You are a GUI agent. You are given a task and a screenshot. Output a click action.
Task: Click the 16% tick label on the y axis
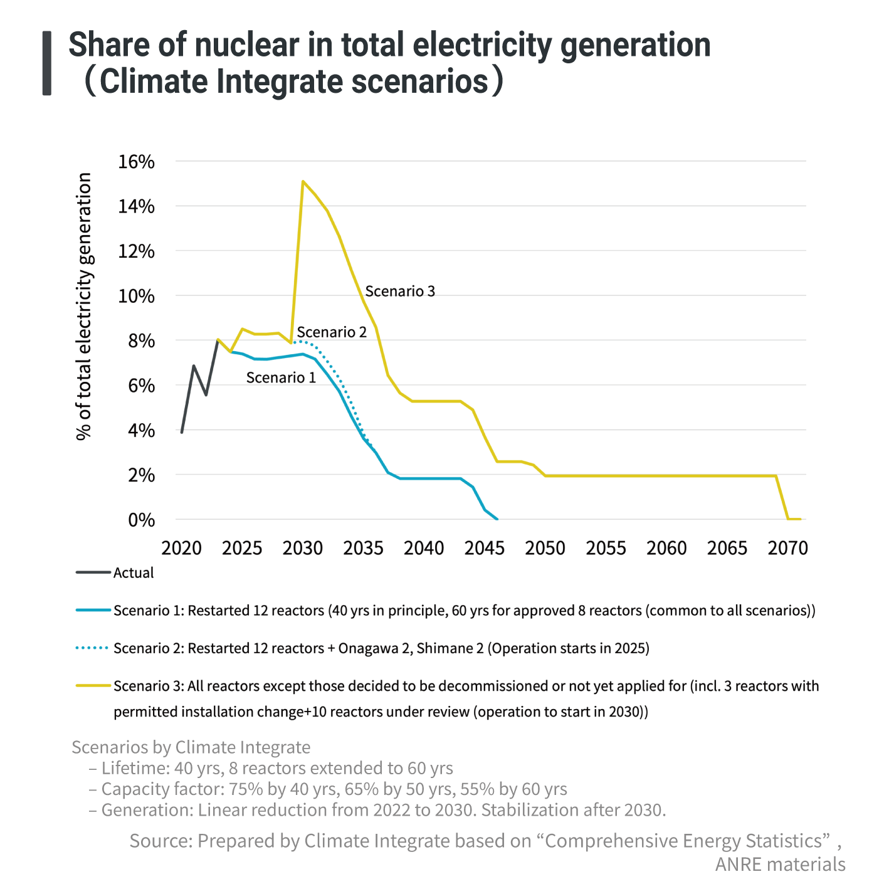(x=136, y=162)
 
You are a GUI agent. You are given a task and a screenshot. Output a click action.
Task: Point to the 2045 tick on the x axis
(x=485, y=548)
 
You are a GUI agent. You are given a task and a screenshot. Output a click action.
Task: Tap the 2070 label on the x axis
(x=788, y=548)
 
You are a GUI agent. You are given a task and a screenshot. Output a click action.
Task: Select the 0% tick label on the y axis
(x=141, y=520)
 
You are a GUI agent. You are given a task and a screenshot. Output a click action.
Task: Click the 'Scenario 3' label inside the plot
(x=400, y=291)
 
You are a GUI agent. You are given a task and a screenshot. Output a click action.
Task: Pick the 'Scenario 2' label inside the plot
(x=332, y=332)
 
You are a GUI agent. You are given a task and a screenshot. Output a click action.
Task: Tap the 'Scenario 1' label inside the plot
(x=281, y=377)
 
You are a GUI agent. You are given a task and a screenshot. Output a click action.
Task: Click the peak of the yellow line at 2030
(x=303, y=182)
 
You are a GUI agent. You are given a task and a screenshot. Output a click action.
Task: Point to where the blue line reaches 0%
(x=497, y=519)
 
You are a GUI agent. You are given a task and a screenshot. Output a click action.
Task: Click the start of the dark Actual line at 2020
(x=182, y=432)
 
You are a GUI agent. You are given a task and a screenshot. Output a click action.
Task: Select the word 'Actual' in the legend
(x=134, y=573)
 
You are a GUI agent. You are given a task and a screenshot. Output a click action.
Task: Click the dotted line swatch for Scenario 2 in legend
(x=93, y=648)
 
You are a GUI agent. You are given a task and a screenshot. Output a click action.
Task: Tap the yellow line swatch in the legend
(x=93, y=686)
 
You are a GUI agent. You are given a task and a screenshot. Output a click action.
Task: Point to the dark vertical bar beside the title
(x=47, y=63)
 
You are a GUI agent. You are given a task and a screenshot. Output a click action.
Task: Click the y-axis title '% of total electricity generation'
(x=84, y=307)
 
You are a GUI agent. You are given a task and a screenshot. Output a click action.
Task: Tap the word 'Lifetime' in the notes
(x=130, y=768)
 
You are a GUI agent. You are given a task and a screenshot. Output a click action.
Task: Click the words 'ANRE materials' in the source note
(x=780, y=864)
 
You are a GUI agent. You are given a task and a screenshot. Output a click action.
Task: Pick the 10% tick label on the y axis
(x=136, y=296)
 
